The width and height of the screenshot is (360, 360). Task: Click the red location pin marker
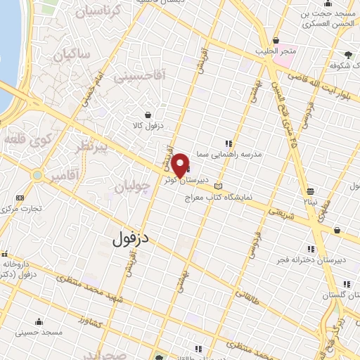tap(180, 165)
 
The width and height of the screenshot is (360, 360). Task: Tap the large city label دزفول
tap(132, 238)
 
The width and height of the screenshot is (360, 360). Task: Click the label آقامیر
tap(63, 177)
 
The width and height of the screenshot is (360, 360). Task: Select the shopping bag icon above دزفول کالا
tap(148, 115)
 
